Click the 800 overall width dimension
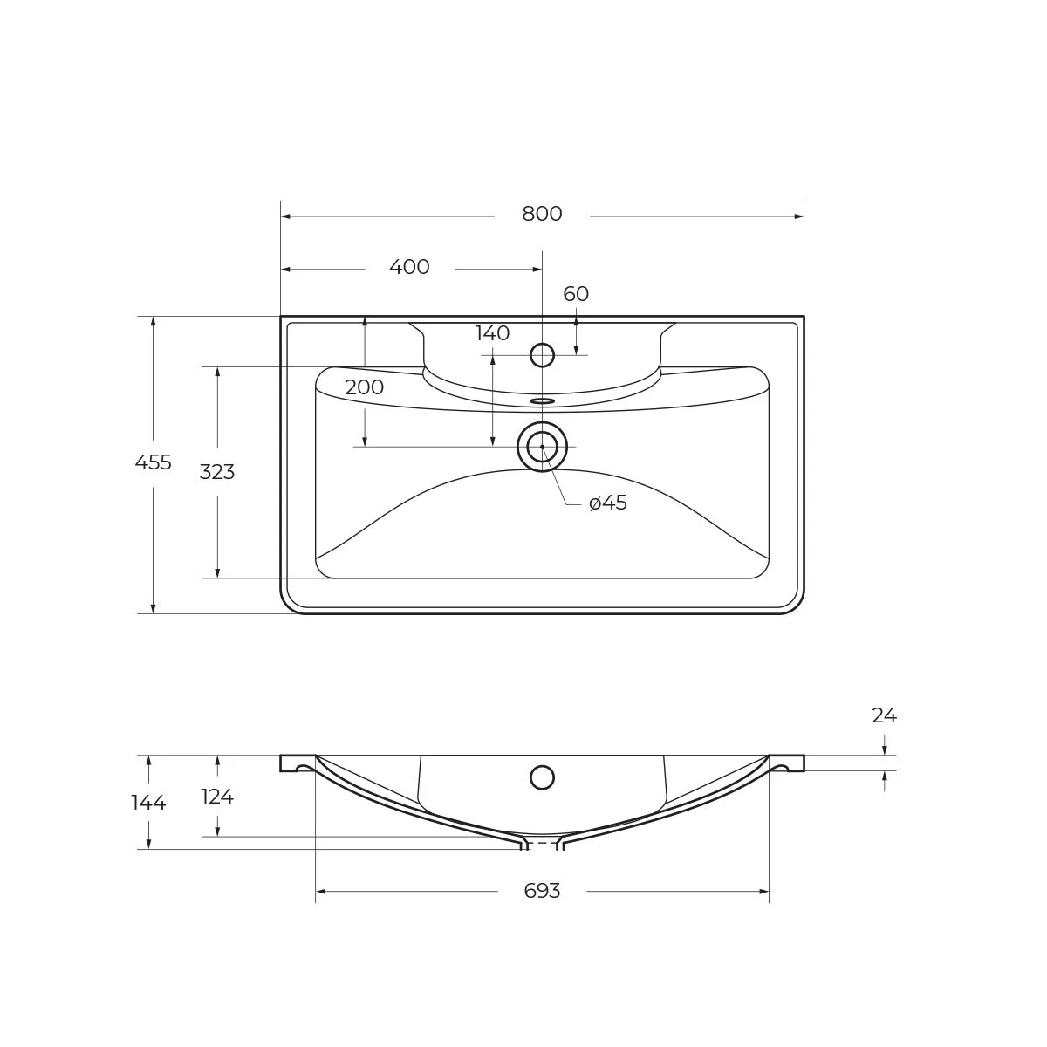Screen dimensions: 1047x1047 542,214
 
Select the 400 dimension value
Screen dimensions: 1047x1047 409,267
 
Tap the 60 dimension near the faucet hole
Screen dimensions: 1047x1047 576,294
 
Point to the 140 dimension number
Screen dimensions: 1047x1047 492,333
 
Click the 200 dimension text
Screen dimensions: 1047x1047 364,387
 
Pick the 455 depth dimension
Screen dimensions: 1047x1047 154,462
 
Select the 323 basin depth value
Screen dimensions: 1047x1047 217,472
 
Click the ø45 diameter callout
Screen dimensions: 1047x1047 608,503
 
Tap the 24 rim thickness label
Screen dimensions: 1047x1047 884,715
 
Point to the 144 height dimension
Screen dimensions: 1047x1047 148,803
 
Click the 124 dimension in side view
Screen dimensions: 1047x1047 217,797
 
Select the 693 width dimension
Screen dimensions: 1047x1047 542,891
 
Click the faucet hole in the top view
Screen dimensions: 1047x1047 543,355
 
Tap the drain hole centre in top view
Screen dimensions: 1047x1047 542,446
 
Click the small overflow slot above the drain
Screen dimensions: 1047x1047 542,401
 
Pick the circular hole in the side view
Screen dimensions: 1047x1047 542,777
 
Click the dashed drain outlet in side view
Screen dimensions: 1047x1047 542,844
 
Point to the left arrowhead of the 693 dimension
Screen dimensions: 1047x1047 320,891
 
